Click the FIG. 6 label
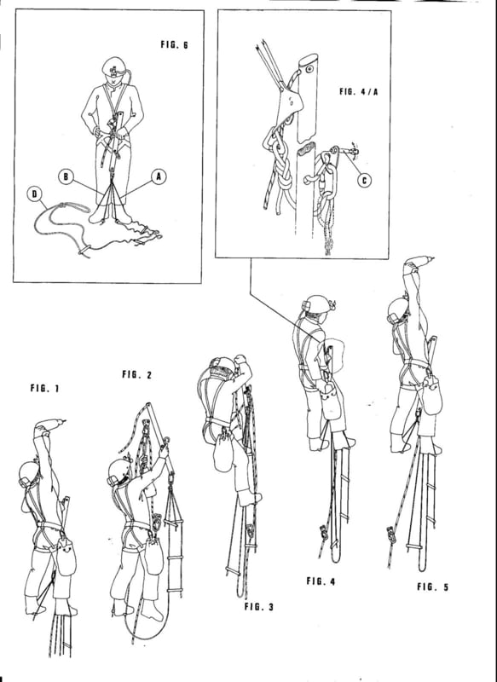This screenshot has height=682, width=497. point(174,44)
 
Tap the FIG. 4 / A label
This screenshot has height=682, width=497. point(358,91)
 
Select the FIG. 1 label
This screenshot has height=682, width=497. point(44,388)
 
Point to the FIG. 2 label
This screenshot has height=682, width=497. point(136,374)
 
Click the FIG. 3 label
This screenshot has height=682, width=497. point(259,606)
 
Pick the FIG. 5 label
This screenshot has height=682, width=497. point(432,587)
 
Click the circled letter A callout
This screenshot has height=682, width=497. point(159,176)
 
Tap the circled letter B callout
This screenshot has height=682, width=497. point(66,176)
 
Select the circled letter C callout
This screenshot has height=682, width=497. point(364,179)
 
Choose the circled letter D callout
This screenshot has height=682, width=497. point(33,194)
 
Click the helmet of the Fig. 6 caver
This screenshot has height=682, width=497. point(113,67)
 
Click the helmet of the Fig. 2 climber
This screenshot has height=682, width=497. point(119,471)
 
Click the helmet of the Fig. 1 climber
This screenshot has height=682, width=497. point(29,473)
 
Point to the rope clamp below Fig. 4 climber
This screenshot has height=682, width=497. point(323,531)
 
